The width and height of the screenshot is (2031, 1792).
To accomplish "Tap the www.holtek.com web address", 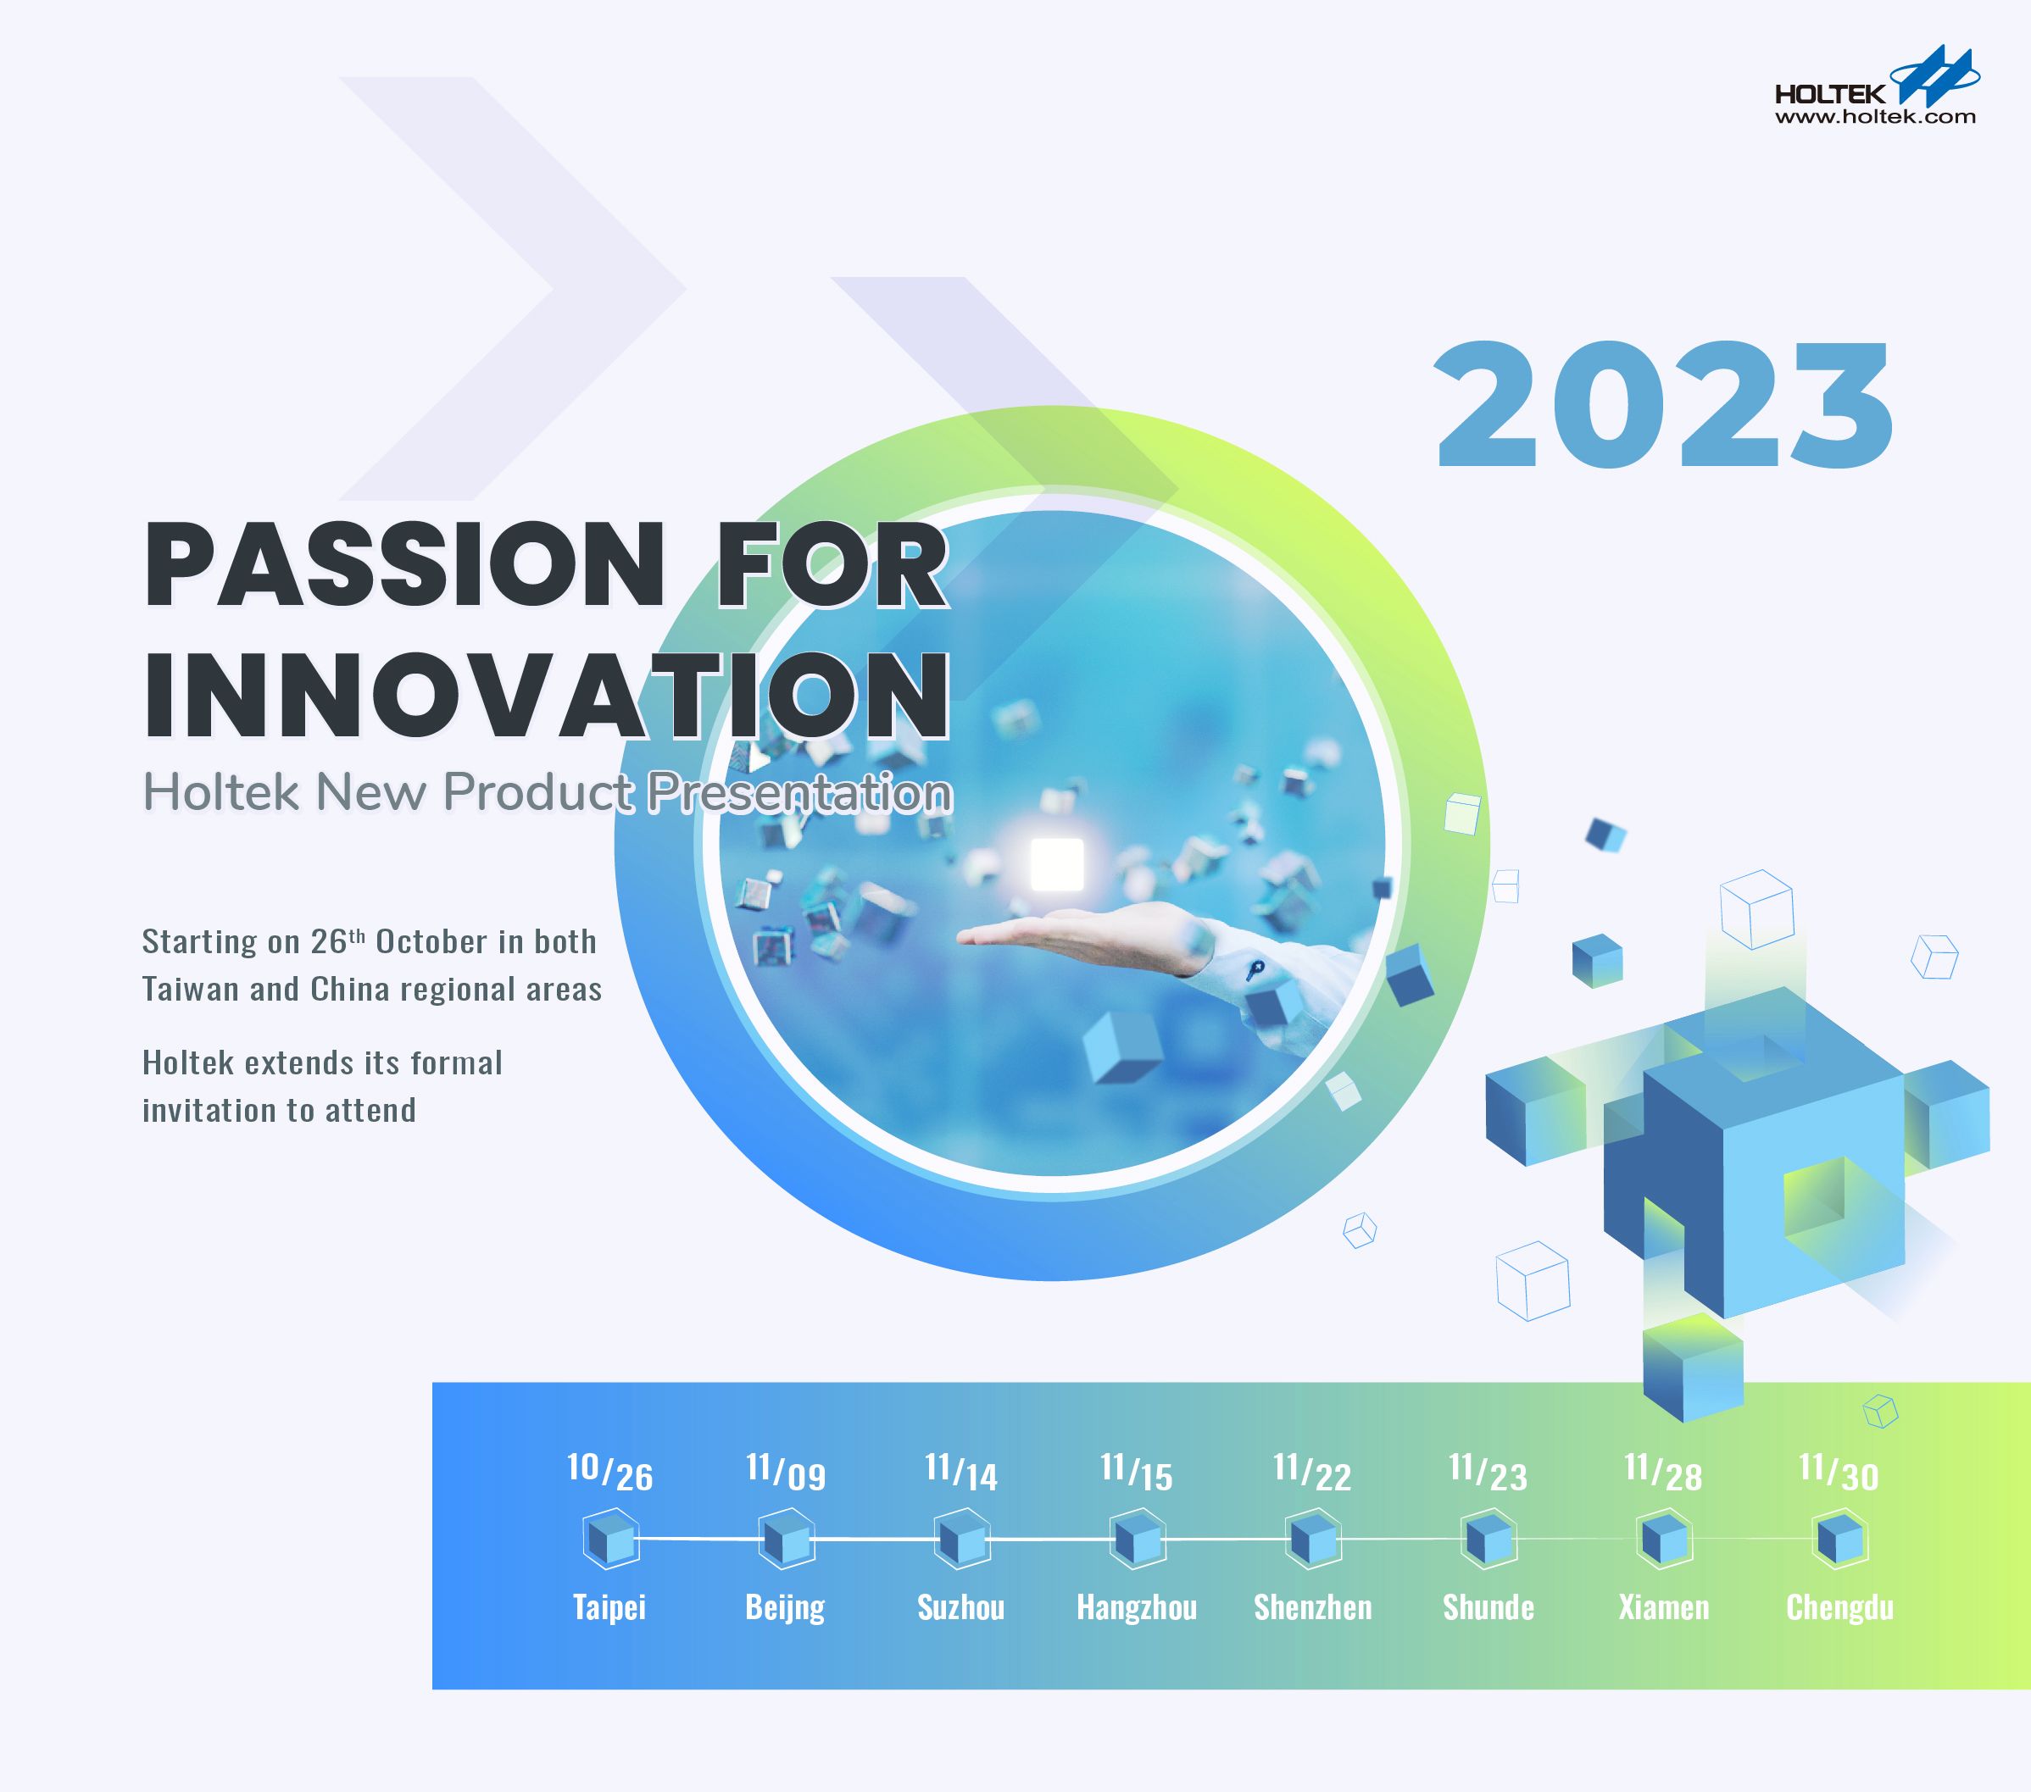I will click(x=1875, y=117).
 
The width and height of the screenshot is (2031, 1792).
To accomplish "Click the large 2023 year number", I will click(x=1664, y=405).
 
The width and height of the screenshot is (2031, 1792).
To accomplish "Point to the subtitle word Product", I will click(x=537, y=793).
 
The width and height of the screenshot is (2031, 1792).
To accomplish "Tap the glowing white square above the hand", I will click(x=1056, y=864).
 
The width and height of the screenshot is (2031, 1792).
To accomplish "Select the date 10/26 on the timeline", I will click(x=609, y=1472).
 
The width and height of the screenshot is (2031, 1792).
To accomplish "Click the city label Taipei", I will click(x=609, y=1607).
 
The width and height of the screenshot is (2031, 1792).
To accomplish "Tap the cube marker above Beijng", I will click(x=786, y=1540).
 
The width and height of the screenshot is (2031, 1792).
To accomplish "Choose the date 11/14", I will click(x=961, y=1472).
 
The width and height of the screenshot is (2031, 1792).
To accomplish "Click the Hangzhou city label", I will click(x=1137, y=1607).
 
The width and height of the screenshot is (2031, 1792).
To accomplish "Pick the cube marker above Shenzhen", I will click(x=1312, y=1540).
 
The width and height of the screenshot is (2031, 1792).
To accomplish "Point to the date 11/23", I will click(x=1488, y=1472).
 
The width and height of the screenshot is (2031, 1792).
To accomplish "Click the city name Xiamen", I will click(x=1663, y=1607).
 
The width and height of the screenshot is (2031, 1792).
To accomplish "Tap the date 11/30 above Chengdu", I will click(x=1839, y=1472).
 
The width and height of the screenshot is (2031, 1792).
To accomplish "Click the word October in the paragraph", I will click(x=431, y=941).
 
